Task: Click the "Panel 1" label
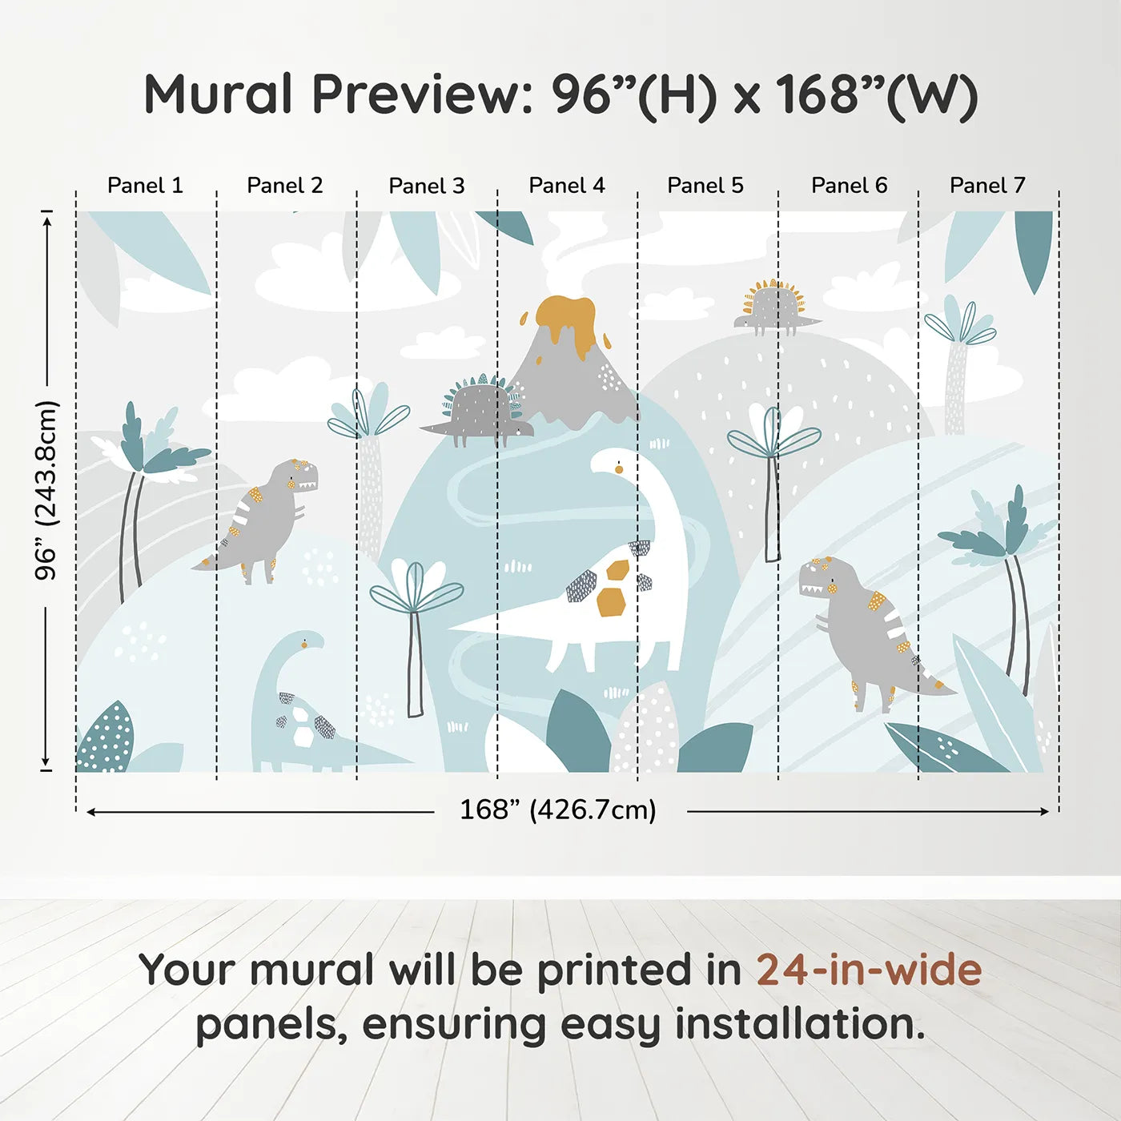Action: (x=145, y=186)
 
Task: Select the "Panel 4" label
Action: (x=567, y=186)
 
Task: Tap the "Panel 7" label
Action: (x=987, y=186)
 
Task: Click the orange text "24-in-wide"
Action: (x=869, y=970)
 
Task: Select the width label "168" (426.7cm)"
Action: (x=558, y=810)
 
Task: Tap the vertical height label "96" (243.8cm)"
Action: (x=46, y=490)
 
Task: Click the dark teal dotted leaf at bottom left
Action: (x=106, y=739)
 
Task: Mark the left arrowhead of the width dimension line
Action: (x=91, y=812)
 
